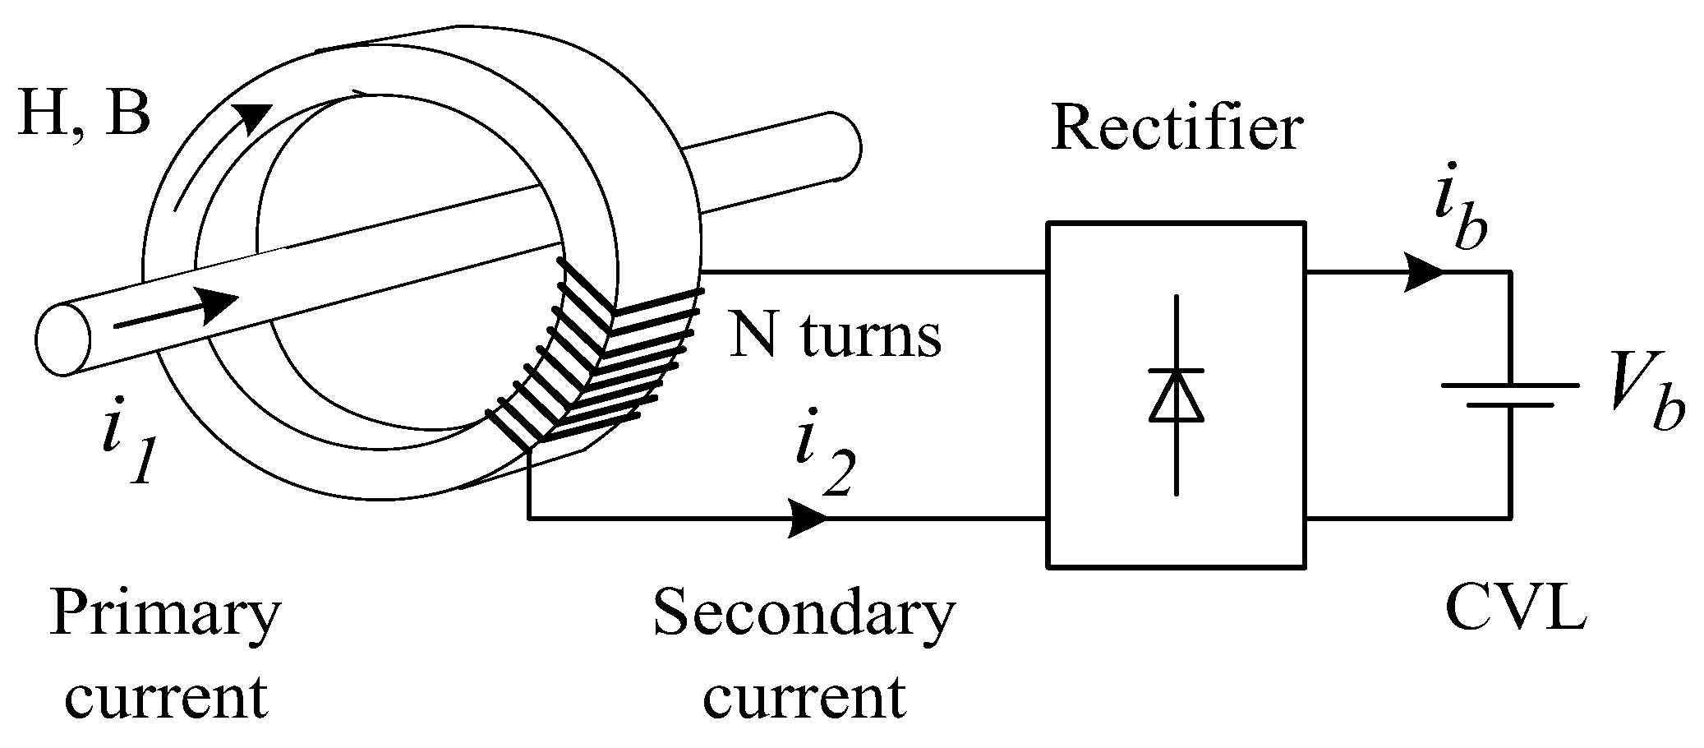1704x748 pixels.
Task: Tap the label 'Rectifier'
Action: coord(1176,130)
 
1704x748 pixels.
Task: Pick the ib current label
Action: coord(1461,217)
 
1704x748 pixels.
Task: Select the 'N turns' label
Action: coord(835,337)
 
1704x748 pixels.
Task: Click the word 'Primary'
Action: coord(165,615)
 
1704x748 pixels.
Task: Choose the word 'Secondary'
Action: coord(804,615)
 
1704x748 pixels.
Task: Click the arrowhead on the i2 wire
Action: coord(808,519)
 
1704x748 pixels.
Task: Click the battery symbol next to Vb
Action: coord(1510,395)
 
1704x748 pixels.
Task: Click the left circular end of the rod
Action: coord(62,339)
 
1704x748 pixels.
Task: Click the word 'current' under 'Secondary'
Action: coord(804,699)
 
